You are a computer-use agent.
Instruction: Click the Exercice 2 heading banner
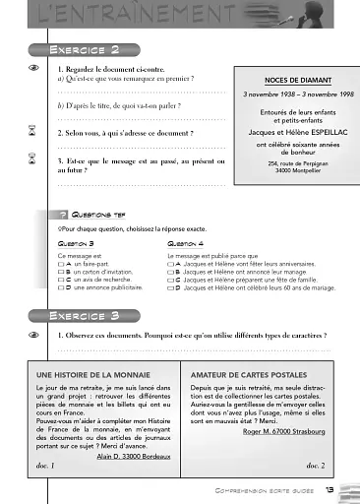[x=89, y=49]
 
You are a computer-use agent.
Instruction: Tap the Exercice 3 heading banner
[x=89, y=315]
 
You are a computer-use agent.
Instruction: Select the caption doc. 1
[x=43, y=466]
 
